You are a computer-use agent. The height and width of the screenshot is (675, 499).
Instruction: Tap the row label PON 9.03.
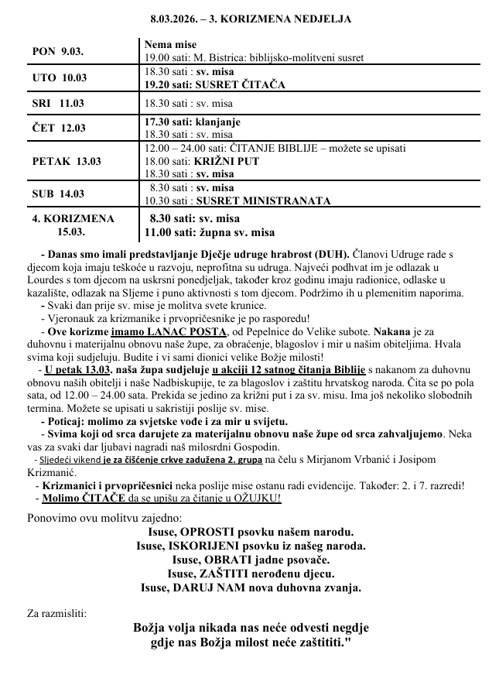pos(57,52)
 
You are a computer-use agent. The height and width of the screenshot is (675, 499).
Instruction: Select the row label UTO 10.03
pos(58,78)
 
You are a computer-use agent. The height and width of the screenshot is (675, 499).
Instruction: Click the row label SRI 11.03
pos(56,102)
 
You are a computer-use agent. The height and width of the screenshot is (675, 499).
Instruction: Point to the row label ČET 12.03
pos(59,128)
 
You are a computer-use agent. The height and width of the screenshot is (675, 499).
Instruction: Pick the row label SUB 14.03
pos(59,194)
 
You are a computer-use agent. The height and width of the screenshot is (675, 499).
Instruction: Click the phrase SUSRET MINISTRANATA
pos(264,200)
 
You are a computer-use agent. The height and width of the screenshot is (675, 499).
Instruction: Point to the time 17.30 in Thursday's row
pos(159,122)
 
